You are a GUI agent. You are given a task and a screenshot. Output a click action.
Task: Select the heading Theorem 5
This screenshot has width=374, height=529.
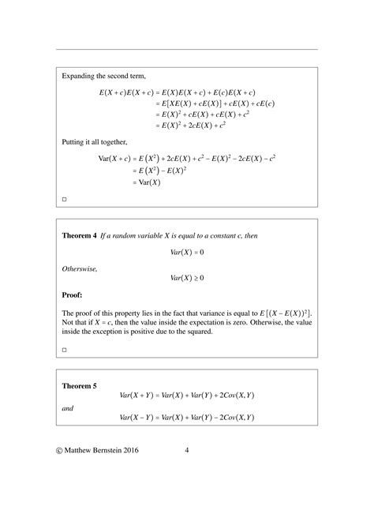[x=79, y=386]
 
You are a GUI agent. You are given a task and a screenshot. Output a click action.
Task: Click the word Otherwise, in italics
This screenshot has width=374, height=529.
[x=78, y=268]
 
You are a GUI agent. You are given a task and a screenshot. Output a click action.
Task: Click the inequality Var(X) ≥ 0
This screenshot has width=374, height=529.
[x=187, y=278]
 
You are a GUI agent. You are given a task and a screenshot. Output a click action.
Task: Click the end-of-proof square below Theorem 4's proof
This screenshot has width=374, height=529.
[x=64, y=348]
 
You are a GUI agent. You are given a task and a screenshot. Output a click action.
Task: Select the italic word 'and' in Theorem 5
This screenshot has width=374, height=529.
[x=67, y=407]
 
